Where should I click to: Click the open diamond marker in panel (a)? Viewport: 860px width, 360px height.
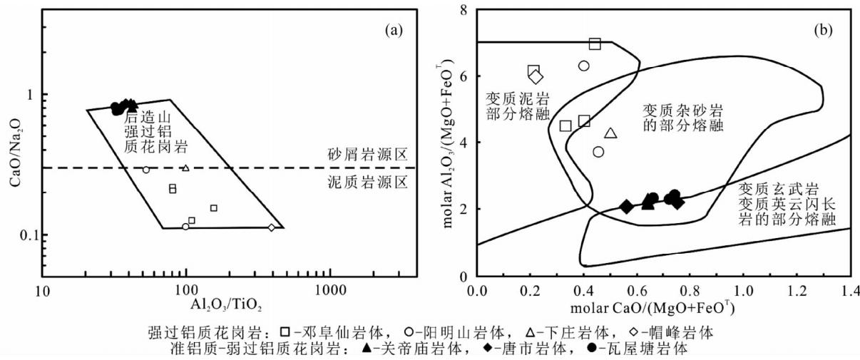coord(271,227)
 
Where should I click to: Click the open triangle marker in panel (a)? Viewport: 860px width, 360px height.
coord(185,168)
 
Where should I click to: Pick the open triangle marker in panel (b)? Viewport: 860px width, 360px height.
coord(610,133)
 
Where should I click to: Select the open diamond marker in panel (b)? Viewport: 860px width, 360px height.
coord(536,76)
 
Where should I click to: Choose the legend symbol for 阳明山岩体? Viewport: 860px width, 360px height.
coord(409,331)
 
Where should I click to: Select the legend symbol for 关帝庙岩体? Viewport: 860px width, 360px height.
coord(366,349)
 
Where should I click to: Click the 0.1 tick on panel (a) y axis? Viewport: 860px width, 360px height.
coord(30,235)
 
